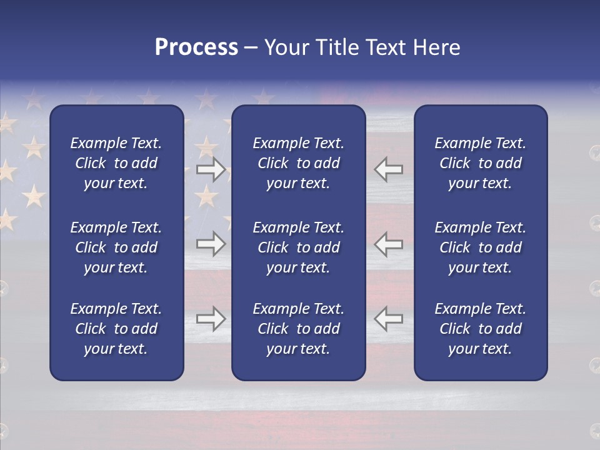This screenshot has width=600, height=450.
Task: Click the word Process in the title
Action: (x=196, y=47)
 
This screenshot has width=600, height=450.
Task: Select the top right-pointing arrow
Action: (x=211, y=169)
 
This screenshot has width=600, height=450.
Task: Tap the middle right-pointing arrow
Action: (x=211, y=244)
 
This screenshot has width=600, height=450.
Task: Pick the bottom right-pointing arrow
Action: (x=211, y=319)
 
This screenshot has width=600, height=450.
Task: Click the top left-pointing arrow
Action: (x=389, y=169)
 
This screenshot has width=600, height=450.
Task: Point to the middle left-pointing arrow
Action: (x=389, y=244)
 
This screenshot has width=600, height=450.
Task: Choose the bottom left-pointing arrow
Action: (x=389, y=319)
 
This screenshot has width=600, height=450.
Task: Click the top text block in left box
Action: (x=116, y=163)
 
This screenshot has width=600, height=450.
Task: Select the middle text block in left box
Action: (x=116, y=247)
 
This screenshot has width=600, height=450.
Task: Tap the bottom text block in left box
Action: (x=116, y=329)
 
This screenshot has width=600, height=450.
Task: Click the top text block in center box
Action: (x=298, y=163)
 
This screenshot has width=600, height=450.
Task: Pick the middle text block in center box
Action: (x=298, y=247)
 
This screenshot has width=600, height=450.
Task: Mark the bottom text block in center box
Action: (x=298, y=329)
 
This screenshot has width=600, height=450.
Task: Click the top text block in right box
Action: (x=480, y=163)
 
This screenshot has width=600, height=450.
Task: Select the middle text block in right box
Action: (x=480, y=247)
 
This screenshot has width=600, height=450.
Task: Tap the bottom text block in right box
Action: (x=480, y=329)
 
